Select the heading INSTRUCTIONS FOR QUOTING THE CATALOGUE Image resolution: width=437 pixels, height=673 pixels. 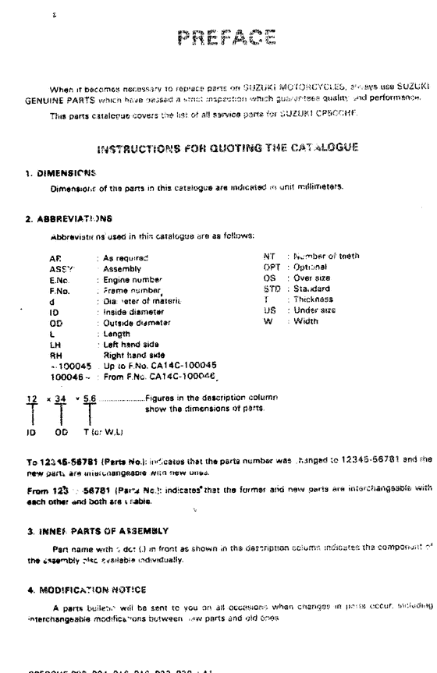(227, 145)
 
